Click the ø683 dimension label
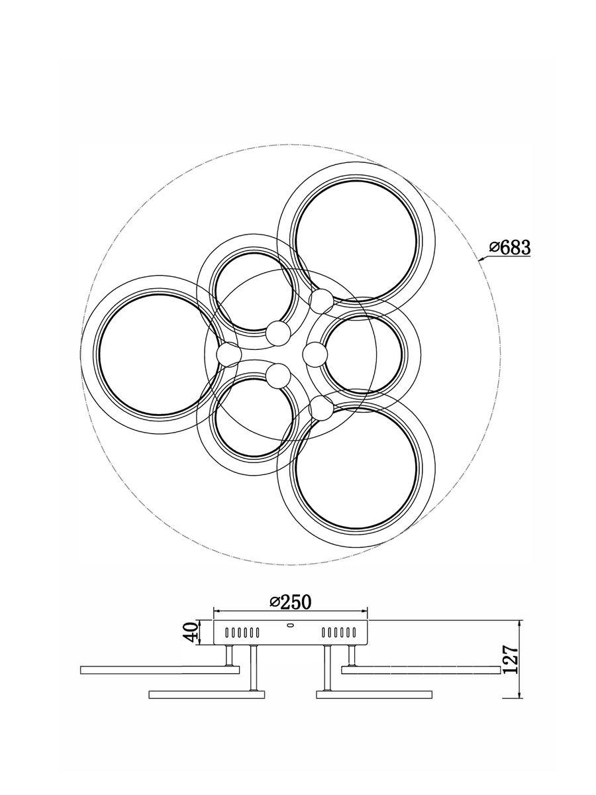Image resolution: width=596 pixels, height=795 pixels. (x=510, y=248)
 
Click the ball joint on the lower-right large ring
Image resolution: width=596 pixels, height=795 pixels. (x=321, y=407)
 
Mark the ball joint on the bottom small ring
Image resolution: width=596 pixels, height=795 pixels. (x=278, y=376)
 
